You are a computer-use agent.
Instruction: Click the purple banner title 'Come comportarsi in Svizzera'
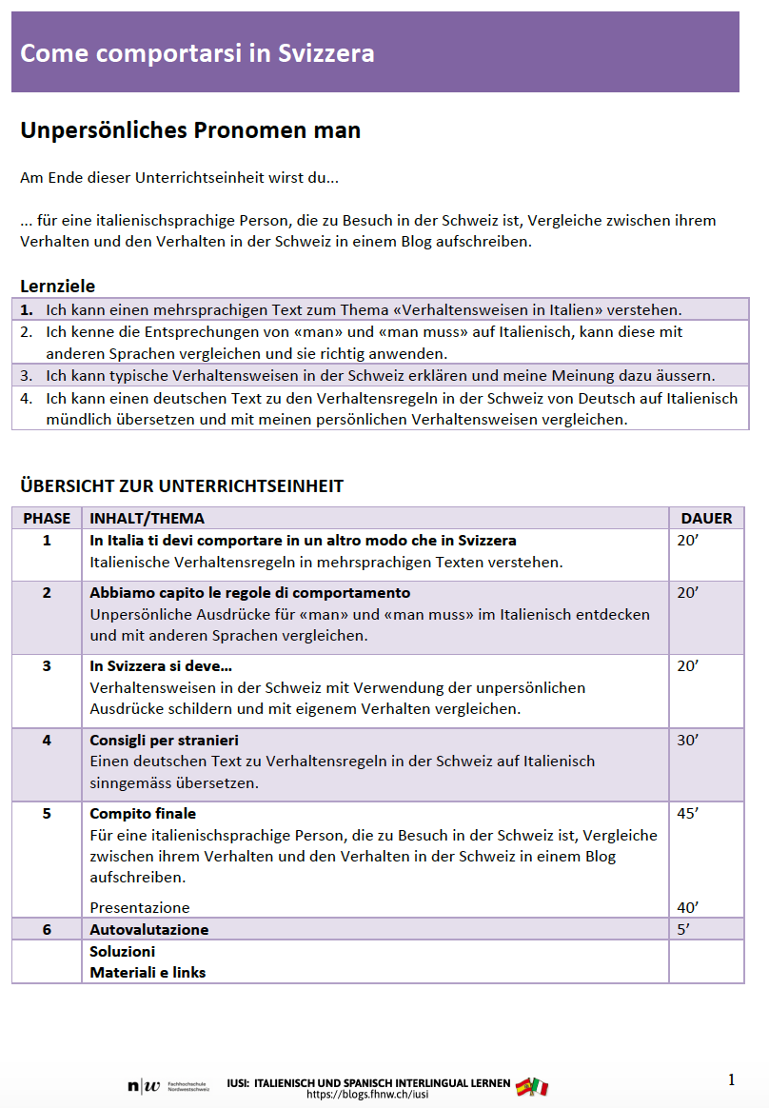click(197, 53)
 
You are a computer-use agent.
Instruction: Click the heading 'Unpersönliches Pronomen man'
click(190, 130)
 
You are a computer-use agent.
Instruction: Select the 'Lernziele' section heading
click(58, 286)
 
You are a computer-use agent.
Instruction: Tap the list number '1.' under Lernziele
click(27, 309)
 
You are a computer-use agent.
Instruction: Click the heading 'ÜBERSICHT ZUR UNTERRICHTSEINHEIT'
click(182, 486)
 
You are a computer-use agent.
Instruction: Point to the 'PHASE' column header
click(47, 518)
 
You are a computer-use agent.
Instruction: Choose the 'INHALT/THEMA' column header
click(147, 518)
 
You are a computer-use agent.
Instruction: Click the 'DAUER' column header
click(706, 518)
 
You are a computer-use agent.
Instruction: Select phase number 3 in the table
click(47, 665)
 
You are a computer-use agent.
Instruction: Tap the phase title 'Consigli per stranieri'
click(164, 740)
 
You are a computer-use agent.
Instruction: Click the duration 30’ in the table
click(687, 740)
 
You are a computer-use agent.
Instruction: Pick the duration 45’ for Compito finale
click(687, 813)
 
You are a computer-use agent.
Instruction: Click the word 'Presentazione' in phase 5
click(139, 907)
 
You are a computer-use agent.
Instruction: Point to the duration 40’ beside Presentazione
click(687, 907)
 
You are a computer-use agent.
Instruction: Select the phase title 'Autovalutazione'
click(148, 929)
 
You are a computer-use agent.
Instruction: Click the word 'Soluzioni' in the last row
click(122, 951)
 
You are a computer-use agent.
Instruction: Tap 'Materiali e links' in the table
click(148, 972)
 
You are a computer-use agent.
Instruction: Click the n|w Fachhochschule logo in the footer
click(168, 1086)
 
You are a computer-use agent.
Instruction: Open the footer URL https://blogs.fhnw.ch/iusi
click(367, 1095)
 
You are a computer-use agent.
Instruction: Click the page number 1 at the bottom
click(731, 1079)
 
